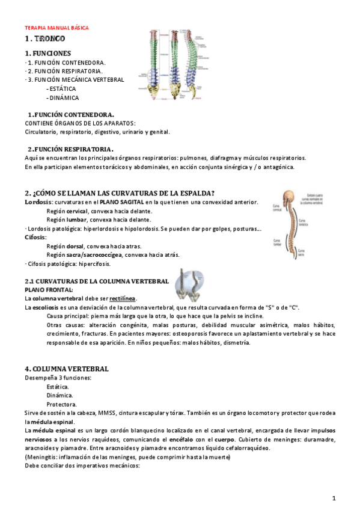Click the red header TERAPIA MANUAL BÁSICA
pos(56,28)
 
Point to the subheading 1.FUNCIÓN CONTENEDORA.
pos(71,114)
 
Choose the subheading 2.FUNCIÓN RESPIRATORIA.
pos(71,149)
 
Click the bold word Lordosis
pos(38,202)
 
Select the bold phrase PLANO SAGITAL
pos(122,202)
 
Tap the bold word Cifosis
pos(35,237)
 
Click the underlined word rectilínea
pos(123,298)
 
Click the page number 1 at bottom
pos(334,497)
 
